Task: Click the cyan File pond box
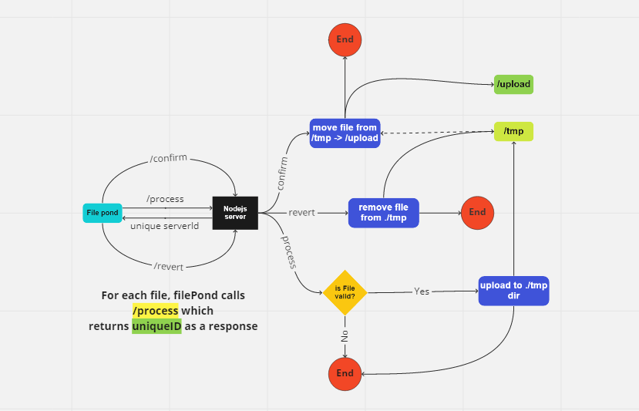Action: [103, 212]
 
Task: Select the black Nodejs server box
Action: [234, 212]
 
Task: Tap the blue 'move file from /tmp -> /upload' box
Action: [345, 133]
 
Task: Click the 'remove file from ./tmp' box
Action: [383, 212]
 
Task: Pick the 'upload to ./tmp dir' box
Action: [513, 291]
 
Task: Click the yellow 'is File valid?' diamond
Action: [345, 291]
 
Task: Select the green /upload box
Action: [513, 84]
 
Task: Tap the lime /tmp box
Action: [513, 131]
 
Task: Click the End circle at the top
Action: [345, 39]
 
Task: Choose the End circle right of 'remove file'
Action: [477, 212]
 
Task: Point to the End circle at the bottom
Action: [345, 373]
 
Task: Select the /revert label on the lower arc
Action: [169, 266]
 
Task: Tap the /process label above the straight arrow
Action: [165, 199]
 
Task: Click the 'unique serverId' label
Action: [165, 226]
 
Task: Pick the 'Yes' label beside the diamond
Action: [422, 291]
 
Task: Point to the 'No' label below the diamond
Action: [345, 335]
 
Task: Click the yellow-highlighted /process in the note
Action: [155, 311]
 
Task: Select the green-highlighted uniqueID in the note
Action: [156, 326]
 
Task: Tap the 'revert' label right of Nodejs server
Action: [301, 212]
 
